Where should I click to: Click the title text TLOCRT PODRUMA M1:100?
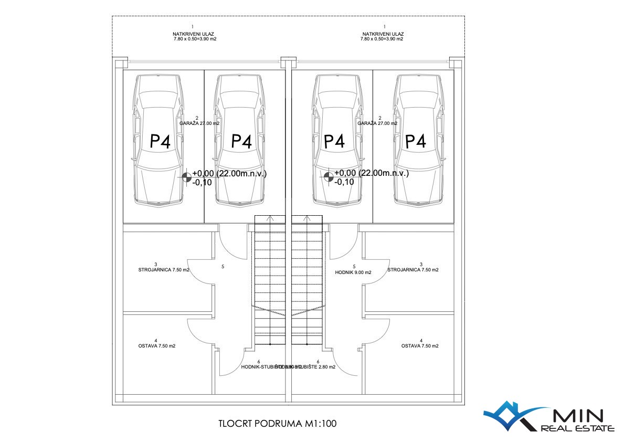point(277,424)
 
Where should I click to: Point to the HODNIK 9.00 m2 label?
point(353,272)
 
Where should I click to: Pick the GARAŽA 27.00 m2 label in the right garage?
point(377,123)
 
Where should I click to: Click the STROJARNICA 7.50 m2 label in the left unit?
point(156,270)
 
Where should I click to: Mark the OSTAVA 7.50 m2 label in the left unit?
point(156,346)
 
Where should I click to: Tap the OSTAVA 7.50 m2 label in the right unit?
point(420,346)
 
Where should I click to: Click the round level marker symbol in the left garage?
point(187,177)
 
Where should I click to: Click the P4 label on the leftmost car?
point(161,142)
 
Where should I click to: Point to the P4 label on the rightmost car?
point(415,141)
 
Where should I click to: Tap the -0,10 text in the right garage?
point(344,182)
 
